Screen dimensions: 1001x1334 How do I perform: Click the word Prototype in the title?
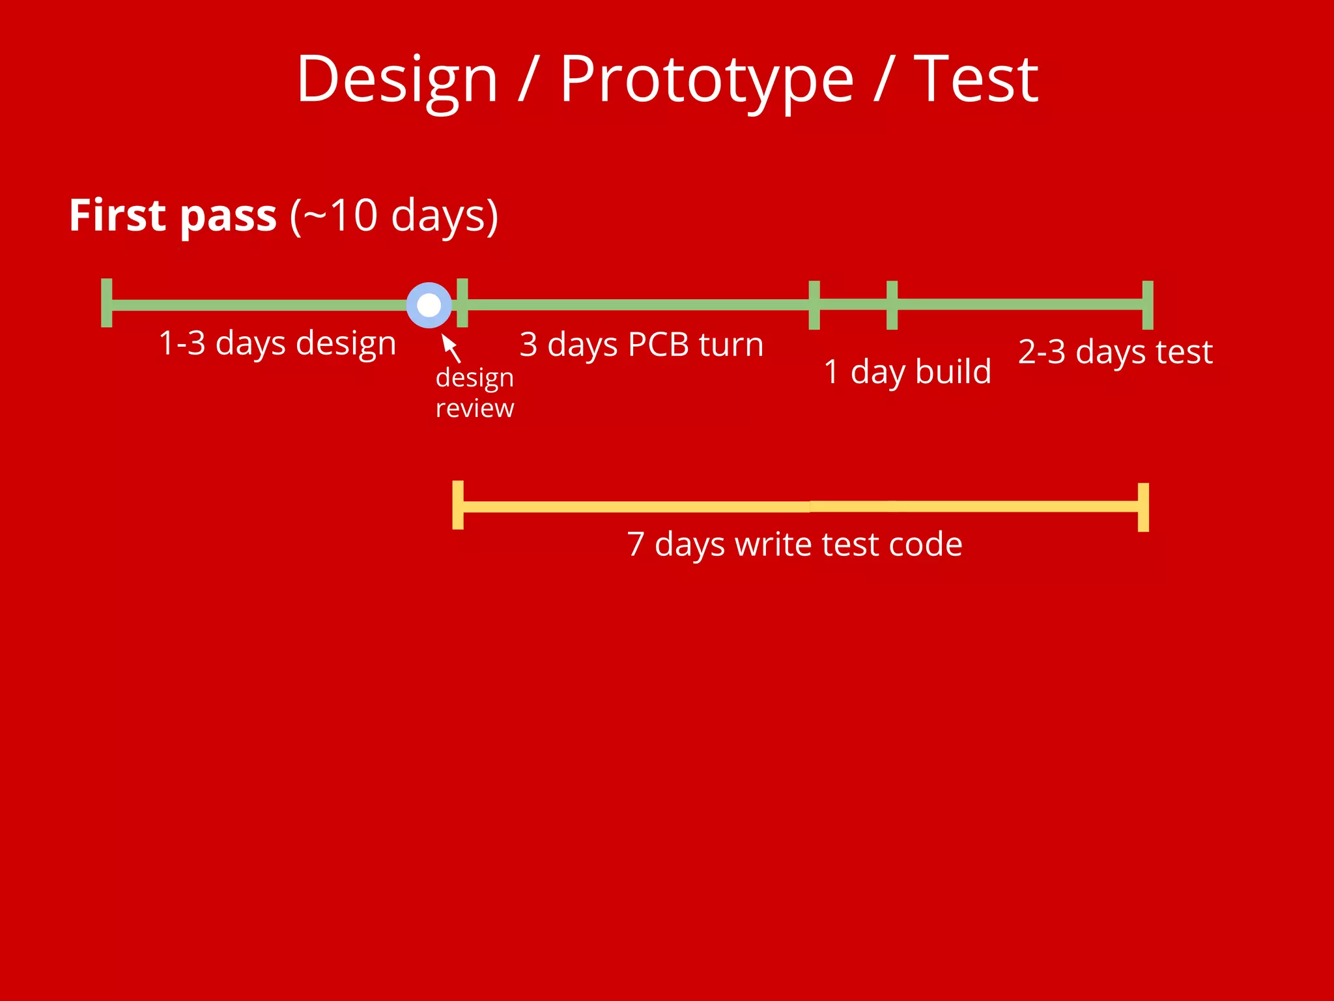(706, 80)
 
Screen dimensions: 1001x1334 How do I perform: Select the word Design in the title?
(397, 80)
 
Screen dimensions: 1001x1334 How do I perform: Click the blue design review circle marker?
(429, 305)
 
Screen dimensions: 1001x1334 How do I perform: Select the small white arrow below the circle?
(450, 347)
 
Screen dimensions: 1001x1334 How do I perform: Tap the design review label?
(474, 393)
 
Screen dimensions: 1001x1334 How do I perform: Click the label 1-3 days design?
(277, 343)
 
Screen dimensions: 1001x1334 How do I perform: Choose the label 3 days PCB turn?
(641, 344)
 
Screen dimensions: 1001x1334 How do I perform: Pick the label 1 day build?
(907, 371)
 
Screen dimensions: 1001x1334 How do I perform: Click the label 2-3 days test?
(1115, 352)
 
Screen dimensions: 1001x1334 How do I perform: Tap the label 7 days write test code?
(794, 544)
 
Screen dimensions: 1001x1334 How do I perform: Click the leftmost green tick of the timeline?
(107, 303)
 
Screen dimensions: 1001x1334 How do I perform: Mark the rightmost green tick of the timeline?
(1148, 305)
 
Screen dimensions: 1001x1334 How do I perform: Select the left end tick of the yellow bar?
(458, 505)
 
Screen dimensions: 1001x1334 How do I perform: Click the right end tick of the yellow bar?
(1143, 507)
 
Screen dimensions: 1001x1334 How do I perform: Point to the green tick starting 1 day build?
(814, 305)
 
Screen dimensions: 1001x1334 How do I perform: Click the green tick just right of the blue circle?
(462, 302)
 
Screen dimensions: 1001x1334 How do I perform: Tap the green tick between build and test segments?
(892, 305)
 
